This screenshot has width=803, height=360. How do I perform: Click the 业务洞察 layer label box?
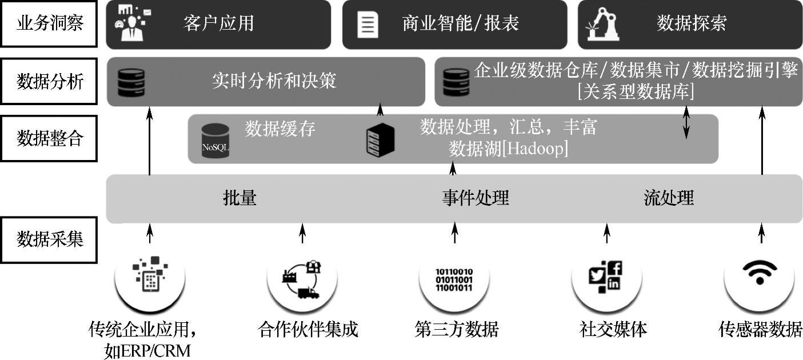click(49, 23)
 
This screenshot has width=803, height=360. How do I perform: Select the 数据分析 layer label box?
click(49, 81)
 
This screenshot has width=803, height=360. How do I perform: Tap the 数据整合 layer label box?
click(49, 138)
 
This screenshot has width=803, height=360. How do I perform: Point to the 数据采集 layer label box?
click(49, 239)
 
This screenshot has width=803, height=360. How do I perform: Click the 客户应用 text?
click(218, 23)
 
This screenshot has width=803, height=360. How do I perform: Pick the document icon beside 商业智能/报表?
click(367, 25)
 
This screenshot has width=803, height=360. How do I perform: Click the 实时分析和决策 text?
click(274, 81)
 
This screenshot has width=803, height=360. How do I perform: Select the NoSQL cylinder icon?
click(215, 141)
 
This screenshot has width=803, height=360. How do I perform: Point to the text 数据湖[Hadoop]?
click(508, 149)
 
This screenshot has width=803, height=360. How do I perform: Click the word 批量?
click(239, 198)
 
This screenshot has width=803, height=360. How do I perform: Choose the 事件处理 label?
click(475, 198)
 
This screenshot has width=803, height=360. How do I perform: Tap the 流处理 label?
click(668, 198)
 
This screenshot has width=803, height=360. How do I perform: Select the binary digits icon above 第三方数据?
click(454, 279)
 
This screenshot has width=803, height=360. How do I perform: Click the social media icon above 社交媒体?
click(606, 277)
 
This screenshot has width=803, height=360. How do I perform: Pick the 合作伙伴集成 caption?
click(308, 330)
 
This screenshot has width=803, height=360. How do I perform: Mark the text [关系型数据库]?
click(636, 92)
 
